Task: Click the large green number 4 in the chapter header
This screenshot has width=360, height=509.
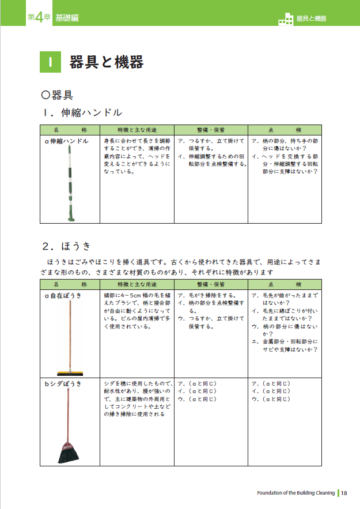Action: (39, 17)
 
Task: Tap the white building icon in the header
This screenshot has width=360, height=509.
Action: (285, 18)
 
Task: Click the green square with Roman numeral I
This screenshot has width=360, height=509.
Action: (51, 62)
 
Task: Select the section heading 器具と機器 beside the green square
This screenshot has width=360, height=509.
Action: (106, 62)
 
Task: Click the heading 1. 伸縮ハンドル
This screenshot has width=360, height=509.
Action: (82, 112)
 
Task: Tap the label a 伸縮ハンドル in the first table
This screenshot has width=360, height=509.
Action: (66, 141)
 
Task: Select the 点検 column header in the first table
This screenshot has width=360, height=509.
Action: (285, 130)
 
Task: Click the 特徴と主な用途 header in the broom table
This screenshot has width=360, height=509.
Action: (137, 285)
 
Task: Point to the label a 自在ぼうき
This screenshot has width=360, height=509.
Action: (63, 295)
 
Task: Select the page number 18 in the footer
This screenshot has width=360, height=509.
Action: (344, 493)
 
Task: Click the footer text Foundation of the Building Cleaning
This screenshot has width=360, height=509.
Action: (296, 493)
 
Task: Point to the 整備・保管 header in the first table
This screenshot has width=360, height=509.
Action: (210, 130)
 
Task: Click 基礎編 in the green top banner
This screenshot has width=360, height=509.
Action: (67, 18)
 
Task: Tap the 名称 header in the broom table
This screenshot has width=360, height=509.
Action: (70, 285)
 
